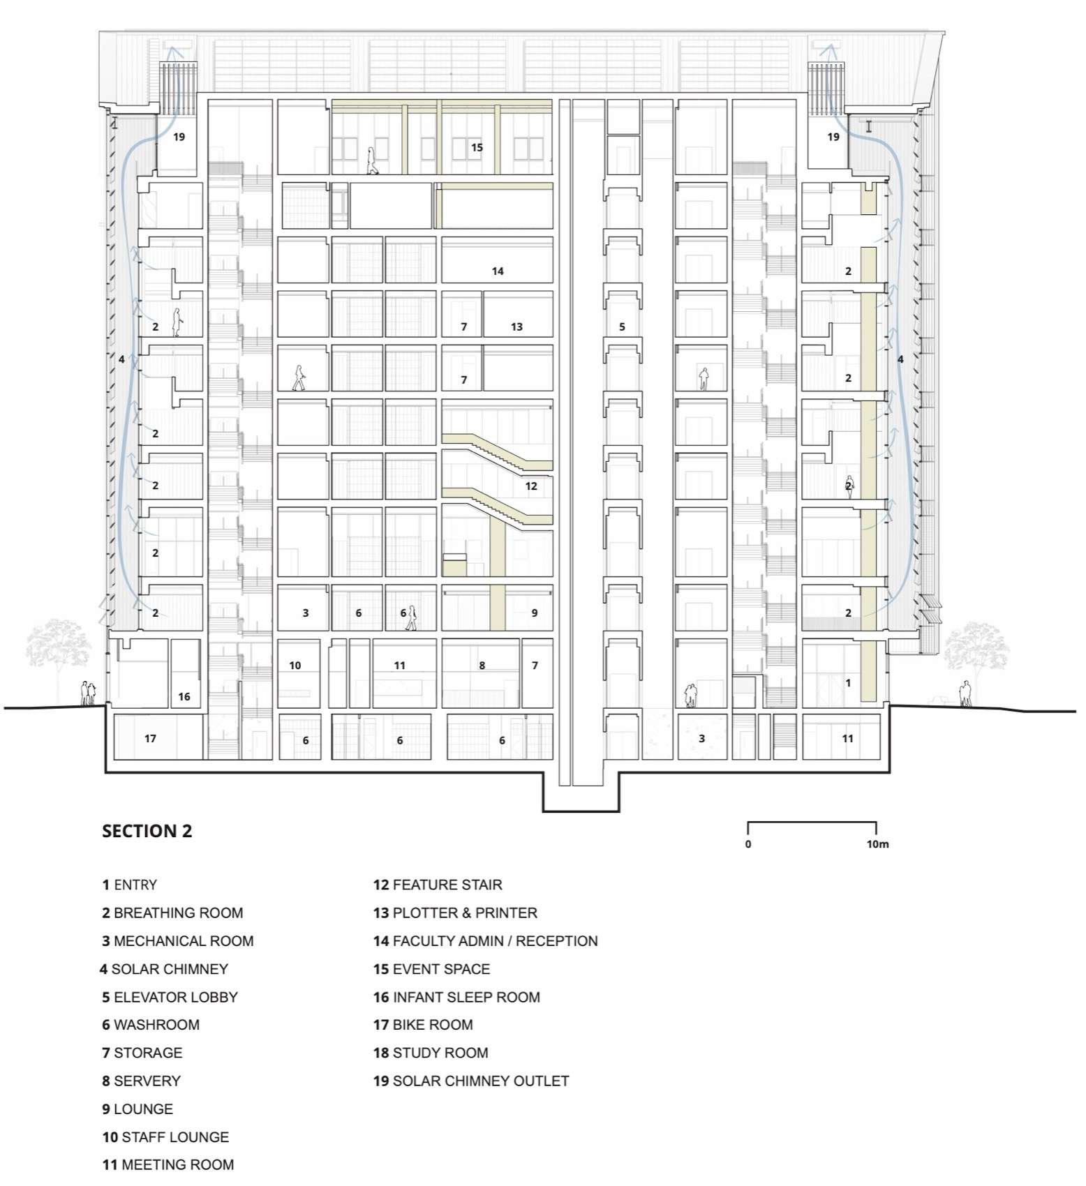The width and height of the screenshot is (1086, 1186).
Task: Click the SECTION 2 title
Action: click(x=147, y=831)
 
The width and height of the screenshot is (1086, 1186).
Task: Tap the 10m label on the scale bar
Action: click(x=877, y=844)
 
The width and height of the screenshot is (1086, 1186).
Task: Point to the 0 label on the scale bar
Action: click(x=748, y=844)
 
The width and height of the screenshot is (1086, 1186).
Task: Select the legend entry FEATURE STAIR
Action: click(x=438, y=885)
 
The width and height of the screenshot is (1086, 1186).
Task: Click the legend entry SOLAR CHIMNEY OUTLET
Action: click(x=471, y=1081)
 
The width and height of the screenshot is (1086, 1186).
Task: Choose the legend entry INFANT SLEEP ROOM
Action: click(x=456, y=997)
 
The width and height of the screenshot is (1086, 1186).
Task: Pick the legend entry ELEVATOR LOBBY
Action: click(x=170, y=997)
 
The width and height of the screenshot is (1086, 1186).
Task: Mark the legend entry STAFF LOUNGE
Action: click(x=165, y=1136)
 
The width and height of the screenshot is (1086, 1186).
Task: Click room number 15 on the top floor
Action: click(x=477, y=147)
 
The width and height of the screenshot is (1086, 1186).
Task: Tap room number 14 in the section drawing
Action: click(x=498, y=271)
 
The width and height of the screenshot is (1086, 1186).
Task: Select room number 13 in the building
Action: click(x=516, y=326)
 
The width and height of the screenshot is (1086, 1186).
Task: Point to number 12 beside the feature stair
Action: click(x=531, y=486)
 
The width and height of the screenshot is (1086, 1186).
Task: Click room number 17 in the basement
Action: click(x=150, y=738)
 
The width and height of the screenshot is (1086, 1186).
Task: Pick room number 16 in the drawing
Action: click(x=184, y=696)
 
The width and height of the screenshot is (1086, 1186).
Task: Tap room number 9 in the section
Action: click(x=535, y=613)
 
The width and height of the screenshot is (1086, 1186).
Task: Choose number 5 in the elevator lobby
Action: click(x=622, y=326)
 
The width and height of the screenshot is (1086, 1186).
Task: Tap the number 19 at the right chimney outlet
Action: click(x=833, y=137)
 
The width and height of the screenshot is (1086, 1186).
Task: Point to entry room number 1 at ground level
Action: click(x=848, y=683)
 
